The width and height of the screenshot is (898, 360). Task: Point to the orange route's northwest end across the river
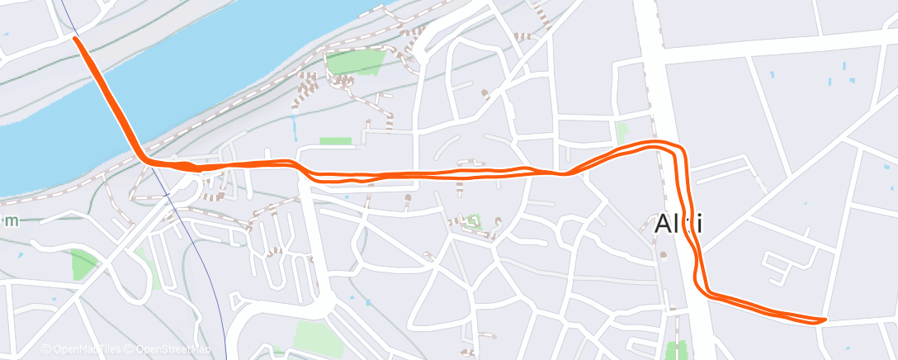coord(76,38)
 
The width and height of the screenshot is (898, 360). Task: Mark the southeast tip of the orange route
coord(823,320)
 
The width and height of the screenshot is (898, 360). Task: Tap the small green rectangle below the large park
coord(335,141)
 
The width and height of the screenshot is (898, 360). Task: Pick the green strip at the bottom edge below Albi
coord(678,350)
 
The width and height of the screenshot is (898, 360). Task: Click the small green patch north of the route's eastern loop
coord(622,131)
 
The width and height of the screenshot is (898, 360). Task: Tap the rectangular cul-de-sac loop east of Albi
coord(779,264)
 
